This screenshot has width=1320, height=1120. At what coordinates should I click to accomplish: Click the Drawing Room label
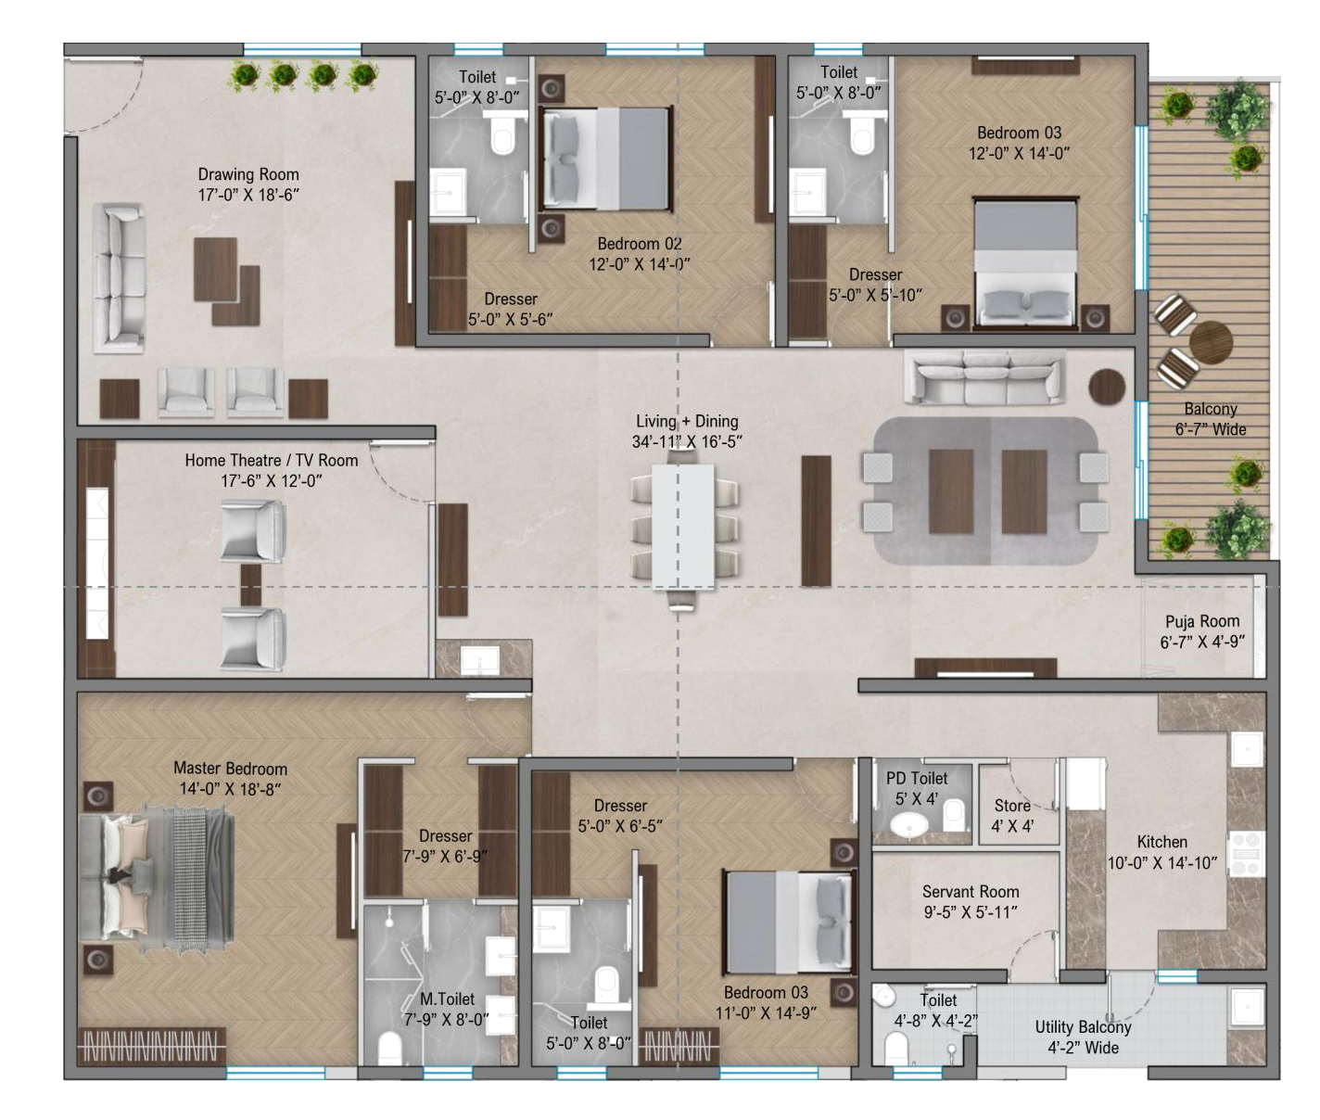[248, 174]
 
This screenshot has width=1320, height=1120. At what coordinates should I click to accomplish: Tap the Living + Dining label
[687, 422]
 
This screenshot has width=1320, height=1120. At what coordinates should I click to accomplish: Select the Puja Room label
[1202, 621]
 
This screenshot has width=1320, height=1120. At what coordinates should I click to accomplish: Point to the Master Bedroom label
[231, 769]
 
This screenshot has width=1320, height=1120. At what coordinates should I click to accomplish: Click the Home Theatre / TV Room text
[272, 461]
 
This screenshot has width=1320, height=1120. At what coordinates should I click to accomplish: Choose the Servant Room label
[971, 892]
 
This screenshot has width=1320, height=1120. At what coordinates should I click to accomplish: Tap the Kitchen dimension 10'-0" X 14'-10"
[1162, 863]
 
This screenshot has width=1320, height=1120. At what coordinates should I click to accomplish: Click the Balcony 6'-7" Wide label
[1211, 419]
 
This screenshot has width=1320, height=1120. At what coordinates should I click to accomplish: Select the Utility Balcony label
[1083, 1026]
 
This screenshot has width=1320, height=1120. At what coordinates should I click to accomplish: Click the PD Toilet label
[917, 778]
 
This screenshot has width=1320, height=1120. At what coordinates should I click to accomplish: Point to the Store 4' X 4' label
[1012, 816]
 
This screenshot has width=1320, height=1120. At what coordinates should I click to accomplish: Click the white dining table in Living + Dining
[683, 525]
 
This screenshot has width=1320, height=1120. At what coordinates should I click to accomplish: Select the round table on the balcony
[1211, 342]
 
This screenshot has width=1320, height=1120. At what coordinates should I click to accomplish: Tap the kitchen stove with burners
[1247, 854]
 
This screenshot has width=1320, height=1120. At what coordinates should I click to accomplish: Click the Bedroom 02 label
[640, 244]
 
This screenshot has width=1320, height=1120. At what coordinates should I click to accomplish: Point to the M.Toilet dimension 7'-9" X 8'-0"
[447, 1020]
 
